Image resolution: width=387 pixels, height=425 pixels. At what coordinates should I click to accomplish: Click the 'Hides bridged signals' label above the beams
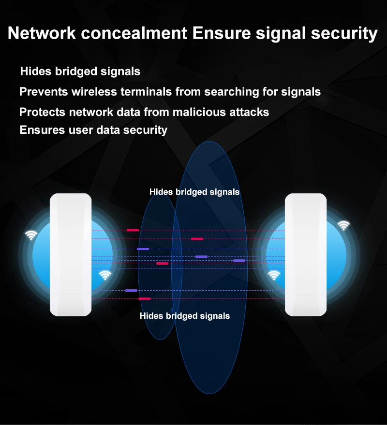coord(194,192)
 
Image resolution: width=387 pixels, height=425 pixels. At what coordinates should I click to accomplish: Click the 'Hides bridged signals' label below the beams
coord(185,316)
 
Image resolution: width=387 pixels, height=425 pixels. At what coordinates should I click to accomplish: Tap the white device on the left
coord(71,255)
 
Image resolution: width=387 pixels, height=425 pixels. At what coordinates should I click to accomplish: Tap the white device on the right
coord(306,255)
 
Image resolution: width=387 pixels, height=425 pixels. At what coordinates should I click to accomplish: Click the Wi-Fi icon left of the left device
coord(31,235)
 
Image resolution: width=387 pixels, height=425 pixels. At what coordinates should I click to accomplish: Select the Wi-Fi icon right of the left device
coord(105,275)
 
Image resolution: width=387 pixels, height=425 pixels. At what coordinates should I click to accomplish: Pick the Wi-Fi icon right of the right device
coord(343,225)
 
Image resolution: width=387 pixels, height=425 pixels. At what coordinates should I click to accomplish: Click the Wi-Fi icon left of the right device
coord(274,275)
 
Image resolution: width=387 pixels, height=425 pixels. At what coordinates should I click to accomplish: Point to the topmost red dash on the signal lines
coord(133,230)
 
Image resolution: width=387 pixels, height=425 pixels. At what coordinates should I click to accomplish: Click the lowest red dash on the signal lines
coord(144,299)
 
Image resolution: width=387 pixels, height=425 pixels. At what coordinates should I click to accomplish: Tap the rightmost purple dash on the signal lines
coord(239,261)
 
